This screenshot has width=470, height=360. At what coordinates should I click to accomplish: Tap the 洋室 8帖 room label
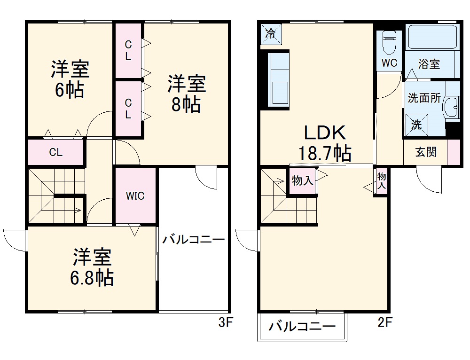pyautogui.click(x=186, y=94)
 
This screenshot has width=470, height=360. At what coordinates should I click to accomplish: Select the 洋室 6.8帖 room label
pyautogui.click(x=92, y=268)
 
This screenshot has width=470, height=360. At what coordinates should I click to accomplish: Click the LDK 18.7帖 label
pyautogui.click(x=324, y=142)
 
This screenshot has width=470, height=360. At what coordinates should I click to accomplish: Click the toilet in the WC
pyautogui.click(x=389, y=43)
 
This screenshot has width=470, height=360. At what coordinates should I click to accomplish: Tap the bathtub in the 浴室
pyautogui.click(x=432, y=38)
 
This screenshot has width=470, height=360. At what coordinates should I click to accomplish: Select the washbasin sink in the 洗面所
pyautogui.click(x=453, y=108)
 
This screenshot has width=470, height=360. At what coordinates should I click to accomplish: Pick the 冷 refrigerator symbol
pyautogui.click(x=271, y=34)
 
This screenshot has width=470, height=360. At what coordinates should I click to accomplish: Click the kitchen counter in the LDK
pyautogui.click(x=279, y=80)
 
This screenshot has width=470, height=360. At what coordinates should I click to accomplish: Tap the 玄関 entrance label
pyautogui.click(x=425, y=152)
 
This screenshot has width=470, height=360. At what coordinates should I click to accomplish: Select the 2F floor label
pyautogui.click(x=384, y=323)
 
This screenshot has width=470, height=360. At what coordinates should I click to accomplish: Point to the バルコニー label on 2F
pyautogui.click(x=302, y=327)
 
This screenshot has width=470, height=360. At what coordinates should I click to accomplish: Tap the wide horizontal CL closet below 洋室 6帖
pyautogui.click(x=56, y=153)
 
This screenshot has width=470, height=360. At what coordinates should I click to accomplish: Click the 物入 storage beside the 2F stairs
pyautogui.click(x=302, y=181)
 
